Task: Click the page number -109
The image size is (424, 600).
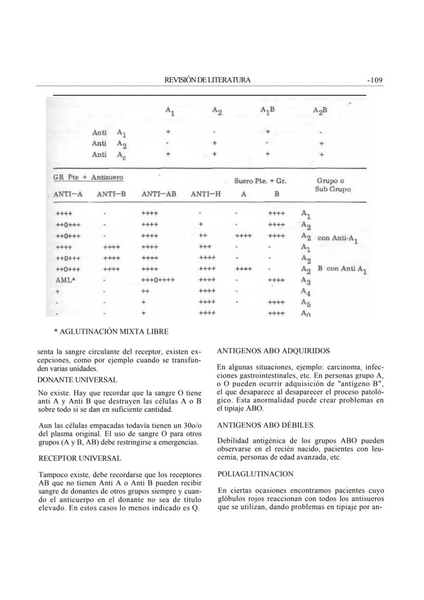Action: (375, 80)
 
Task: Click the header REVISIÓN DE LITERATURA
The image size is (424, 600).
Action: (207, 80)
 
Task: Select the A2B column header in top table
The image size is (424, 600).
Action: (321, 110)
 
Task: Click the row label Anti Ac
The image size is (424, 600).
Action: (108, 154)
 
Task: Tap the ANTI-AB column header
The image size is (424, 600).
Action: (159, 194)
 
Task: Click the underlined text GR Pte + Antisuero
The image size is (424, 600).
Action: (88, 178)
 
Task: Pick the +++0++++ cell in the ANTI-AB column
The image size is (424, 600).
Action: (158, 280)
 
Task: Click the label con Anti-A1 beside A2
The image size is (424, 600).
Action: (337, 239)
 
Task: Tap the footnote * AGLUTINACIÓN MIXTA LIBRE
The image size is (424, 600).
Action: (111, 332)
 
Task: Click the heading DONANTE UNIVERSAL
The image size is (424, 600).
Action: (78, 380)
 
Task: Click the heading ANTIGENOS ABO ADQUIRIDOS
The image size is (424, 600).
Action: (273, 351)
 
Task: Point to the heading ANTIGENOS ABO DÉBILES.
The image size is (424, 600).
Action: (266, 425)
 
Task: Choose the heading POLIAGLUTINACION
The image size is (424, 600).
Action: (255, 474)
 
